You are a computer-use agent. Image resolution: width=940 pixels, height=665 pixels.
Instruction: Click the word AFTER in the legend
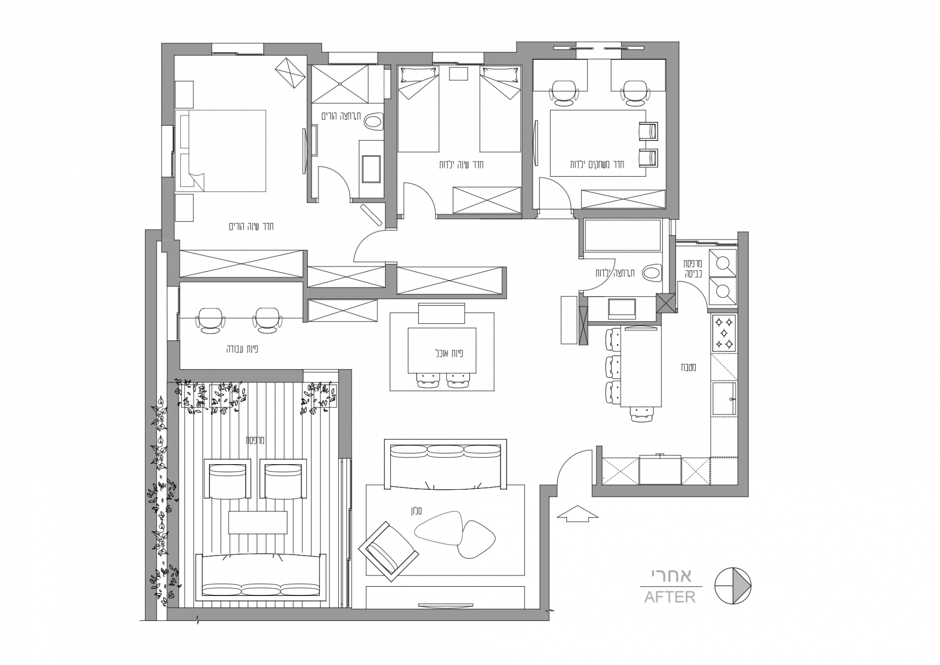coord(670,597)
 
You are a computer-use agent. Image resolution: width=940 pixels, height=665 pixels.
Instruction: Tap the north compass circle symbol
coord(733,586)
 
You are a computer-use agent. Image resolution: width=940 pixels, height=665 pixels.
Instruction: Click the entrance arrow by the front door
coord(578,513)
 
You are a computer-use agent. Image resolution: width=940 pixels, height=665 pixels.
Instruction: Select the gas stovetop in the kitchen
coord(724,333)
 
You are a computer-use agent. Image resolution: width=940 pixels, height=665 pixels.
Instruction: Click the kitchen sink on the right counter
coord(724,399)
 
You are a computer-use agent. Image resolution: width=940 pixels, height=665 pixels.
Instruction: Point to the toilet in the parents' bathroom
coord(375,122)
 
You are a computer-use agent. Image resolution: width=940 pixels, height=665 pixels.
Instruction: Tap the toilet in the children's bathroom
coord(653,273)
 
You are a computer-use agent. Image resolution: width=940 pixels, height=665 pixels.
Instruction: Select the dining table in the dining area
coord(443,351)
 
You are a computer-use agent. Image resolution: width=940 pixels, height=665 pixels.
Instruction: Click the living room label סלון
coord(416,511)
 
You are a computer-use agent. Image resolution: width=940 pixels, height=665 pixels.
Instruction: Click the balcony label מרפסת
coord(255,440)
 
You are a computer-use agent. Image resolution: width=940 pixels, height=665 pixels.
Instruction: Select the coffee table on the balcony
coord(258,522)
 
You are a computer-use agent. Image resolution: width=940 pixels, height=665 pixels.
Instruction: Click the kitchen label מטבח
coord(688,367)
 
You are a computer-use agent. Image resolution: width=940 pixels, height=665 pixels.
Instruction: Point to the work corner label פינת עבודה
coord(242,349)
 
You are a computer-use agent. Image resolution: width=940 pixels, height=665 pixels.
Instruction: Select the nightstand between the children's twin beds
coord(459,73)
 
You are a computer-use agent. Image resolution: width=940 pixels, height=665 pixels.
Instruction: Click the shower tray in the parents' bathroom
coord(340,84)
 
